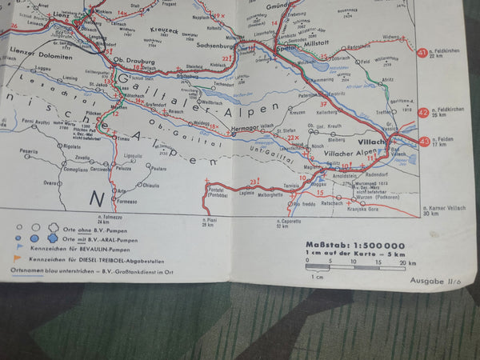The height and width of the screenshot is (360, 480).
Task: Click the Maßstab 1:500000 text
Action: (354, 246)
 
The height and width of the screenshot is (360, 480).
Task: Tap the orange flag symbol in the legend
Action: (18, 258)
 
